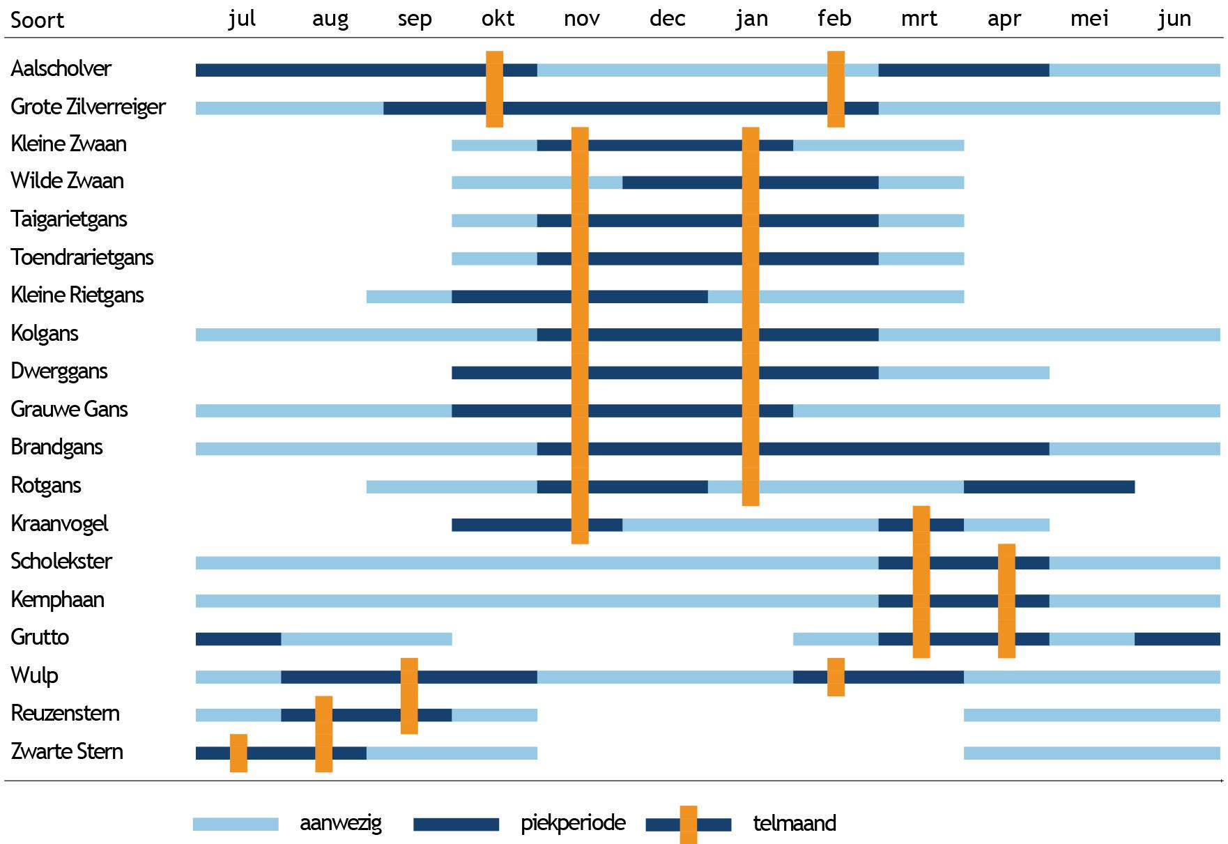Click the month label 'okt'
pos(498,19)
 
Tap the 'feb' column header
pos(834,19)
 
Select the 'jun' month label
pos(1174,19)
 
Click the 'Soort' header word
pos(38,20)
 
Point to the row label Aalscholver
pos(61,69)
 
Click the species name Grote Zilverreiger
pos(89,107)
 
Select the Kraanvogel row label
pos(60,523)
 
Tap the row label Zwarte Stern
pos(67,751)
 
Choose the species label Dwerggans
pos(59,371)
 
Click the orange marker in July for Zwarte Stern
pos(238,753)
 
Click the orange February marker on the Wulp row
pos(836,677)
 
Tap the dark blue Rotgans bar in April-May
pos(1049,486)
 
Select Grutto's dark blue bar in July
pos(238,638)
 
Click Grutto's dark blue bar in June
pos(1177,638)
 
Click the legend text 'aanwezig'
pos(341,823)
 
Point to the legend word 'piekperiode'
pos(573,823)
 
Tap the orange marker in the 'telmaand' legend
pos(689,824)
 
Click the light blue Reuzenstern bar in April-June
pos(1091,714)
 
